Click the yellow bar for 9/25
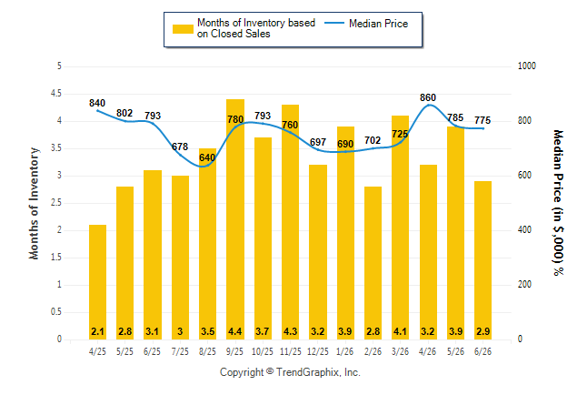(235, 219)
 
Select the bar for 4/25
(98, 282)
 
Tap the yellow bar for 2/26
(373, 263)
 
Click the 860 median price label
(428, 97)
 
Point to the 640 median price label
(207, 157)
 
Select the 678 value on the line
(180, 147)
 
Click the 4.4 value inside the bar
(235, 331)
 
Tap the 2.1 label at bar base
(98, 331)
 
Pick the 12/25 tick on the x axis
(317, 351)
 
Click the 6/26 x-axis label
(483, 351)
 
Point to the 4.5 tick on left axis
(56, 94)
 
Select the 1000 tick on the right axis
(527, 66)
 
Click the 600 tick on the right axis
(524, 176)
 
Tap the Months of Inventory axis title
(34, 203)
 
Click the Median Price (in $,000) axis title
(558, 203)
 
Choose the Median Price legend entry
(366, 24)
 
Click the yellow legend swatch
(183, 29)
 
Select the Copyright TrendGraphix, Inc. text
(290, 372)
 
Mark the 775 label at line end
(483, 120)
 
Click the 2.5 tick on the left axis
(56, 203)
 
